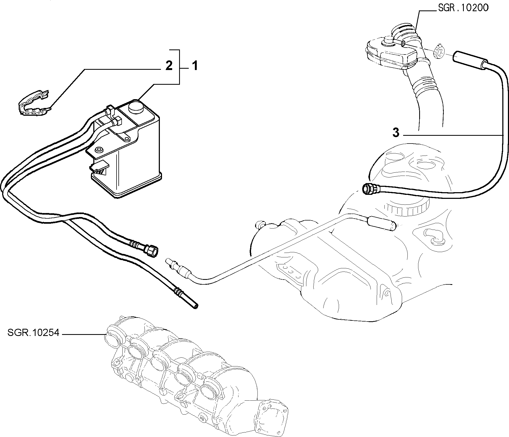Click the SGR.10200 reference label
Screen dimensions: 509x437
pos(463,8)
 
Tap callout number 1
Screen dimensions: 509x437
pos(195,66)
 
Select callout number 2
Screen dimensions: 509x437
pos(169,66)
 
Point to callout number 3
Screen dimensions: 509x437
pos(396,133)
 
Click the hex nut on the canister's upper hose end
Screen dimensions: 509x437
pos(152,251)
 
